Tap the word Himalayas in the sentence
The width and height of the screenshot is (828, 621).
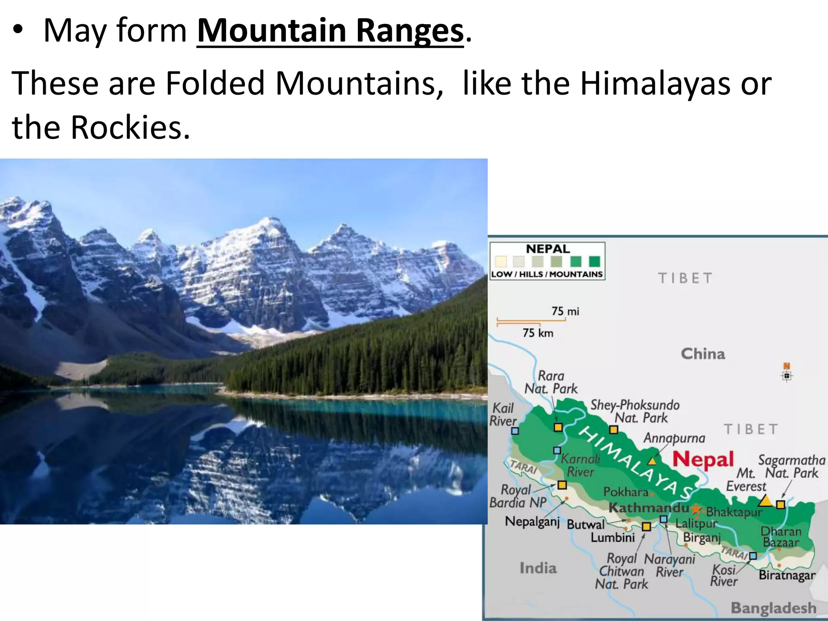655,84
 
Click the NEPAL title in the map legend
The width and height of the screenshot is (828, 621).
547,249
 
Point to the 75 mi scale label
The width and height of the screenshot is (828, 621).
565,311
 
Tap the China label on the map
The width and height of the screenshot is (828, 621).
703,354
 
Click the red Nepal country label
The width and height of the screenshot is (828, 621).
703,460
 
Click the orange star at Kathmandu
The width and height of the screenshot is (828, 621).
696,509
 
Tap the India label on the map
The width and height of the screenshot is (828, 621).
538,568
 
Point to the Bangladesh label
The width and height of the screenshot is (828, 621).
773,608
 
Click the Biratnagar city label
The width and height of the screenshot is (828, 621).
787,575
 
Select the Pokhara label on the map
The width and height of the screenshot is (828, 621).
626,492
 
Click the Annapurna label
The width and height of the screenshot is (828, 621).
674,438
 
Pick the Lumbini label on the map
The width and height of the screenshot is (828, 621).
613,538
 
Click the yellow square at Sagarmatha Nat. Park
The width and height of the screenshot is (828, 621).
781,505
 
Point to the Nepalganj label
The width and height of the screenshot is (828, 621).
532,522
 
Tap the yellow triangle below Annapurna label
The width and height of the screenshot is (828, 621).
652,461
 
